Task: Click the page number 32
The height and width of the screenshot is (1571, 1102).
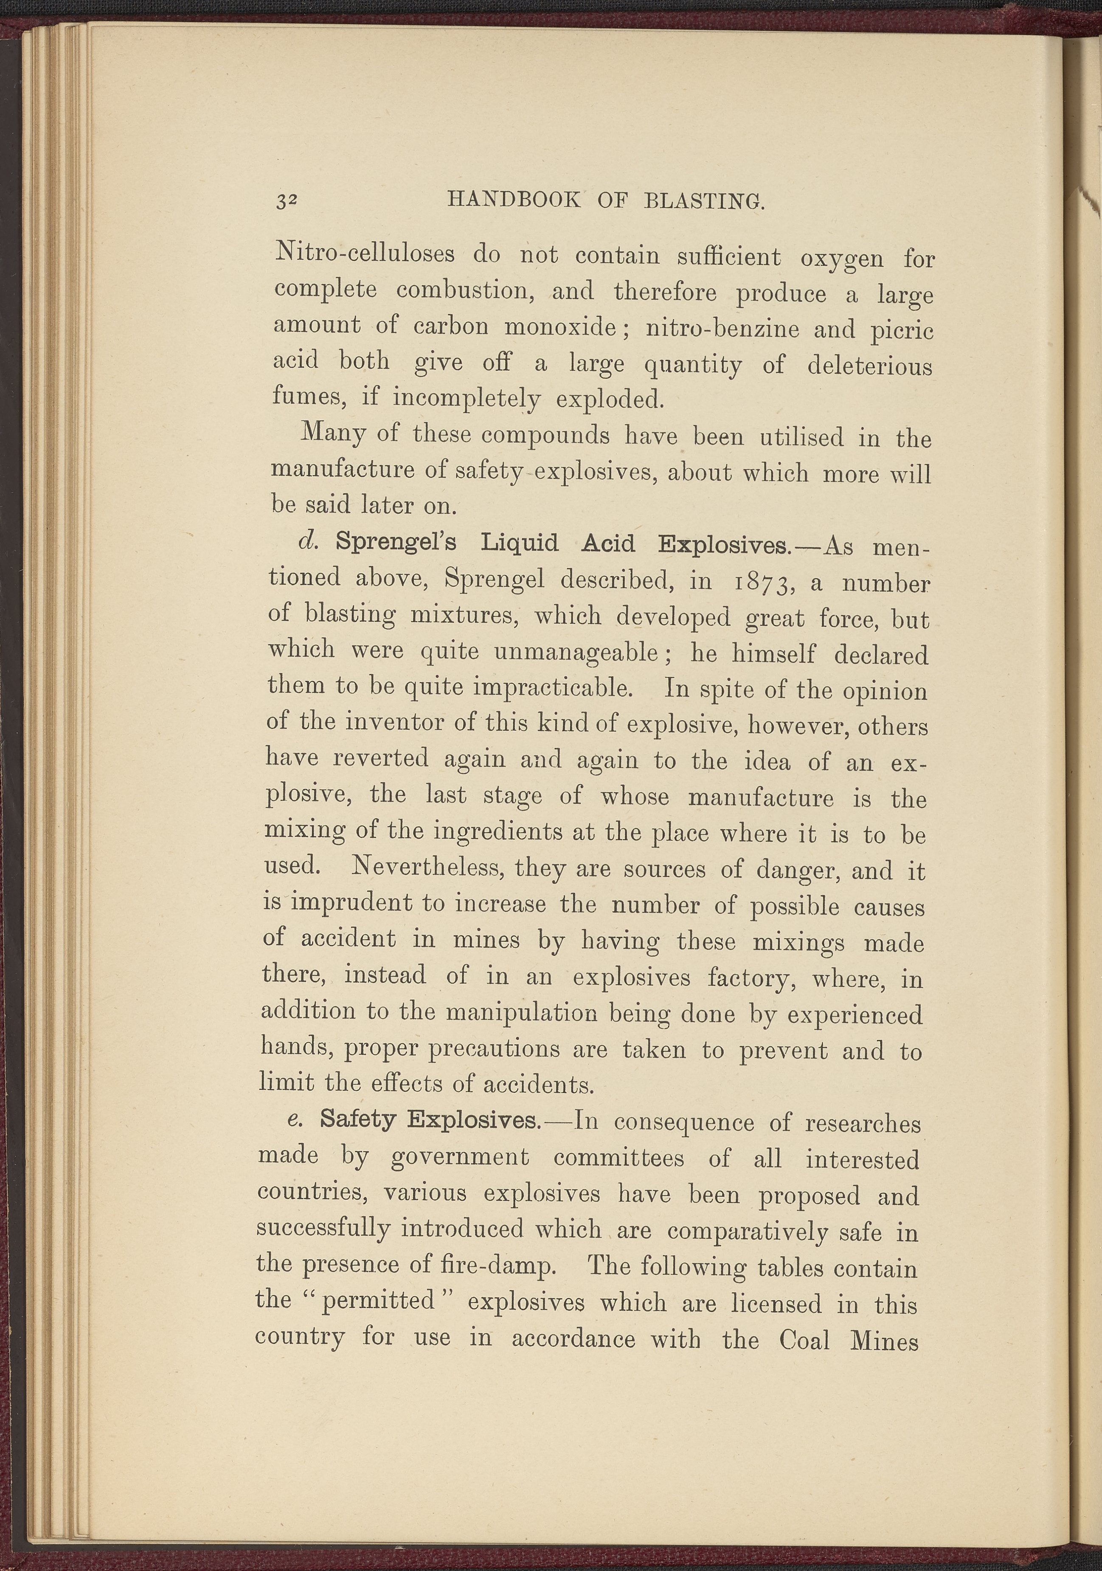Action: tap(286, 200)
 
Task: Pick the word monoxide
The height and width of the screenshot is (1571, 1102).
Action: tap(561, 327)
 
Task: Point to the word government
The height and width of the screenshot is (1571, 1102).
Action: tap(460, 1156)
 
